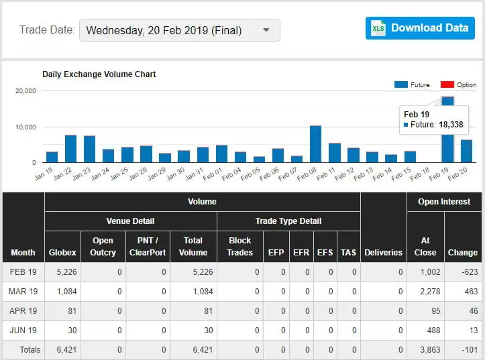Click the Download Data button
420,28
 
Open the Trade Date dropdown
179,30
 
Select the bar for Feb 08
315,144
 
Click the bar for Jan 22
70,149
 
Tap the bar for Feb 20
466,151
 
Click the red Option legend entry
458,85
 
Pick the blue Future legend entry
412,85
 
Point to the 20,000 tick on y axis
25,91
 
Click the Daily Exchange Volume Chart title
99,74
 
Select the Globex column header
62,252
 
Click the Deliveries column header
383,252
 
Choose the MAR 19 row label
23,292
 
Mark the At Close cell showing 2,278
427,292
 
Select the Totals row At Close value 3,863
427,350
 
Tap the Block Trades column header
239,246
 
